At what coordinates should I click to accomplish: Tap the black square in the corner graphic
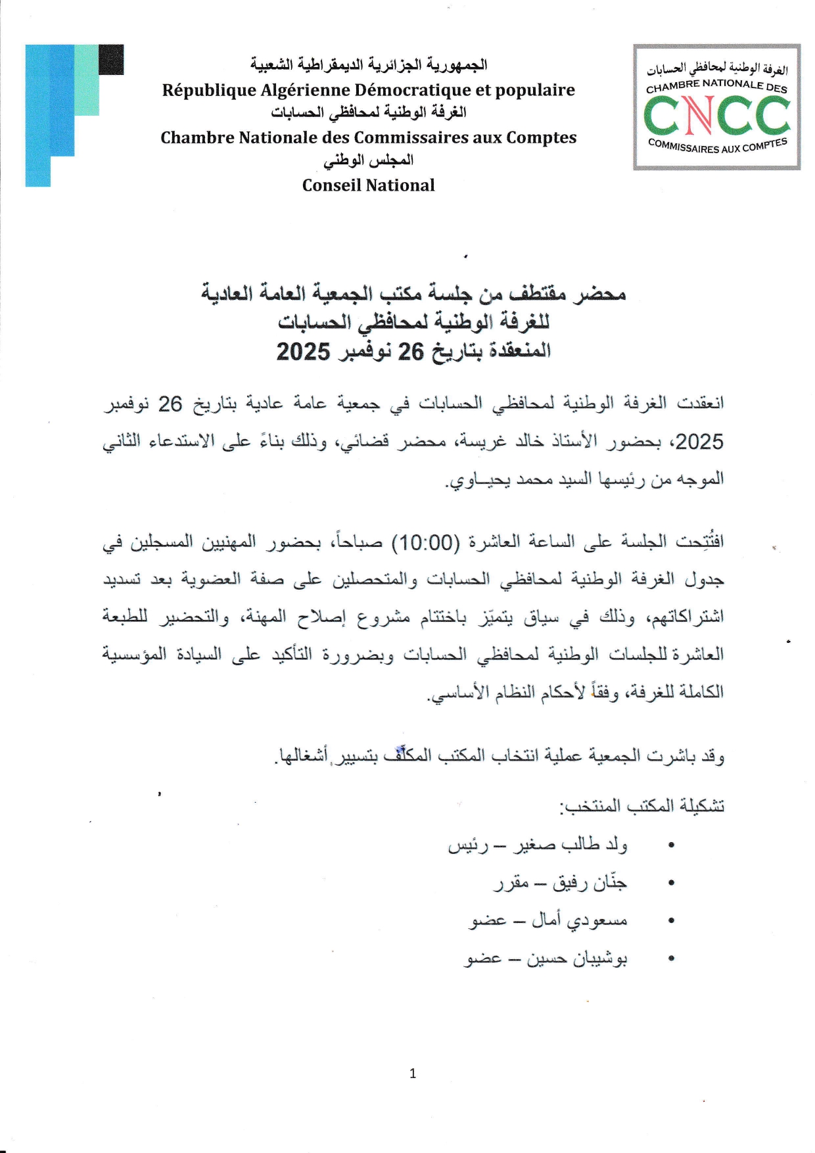(x=111, y=59)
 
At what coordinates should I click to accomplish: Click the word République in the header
(x=208, y=90)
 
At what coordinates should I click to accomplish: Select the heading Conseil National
(x=368, y=185)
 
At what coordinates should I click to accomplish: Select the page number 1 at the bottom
(x=413, y=1073)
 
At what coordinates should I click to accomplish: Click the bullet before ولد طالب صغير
(x=671, y=845)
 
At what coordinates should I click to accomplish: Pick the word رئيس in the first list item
(x=467, y=845)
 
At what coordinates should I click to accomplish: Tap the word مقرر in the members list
(x=511, y=883)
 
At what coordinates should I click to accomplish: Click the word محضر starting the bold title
(x=599, y=294)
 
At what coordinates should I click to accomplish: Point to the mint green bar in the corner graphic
(x=86, y=80)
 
